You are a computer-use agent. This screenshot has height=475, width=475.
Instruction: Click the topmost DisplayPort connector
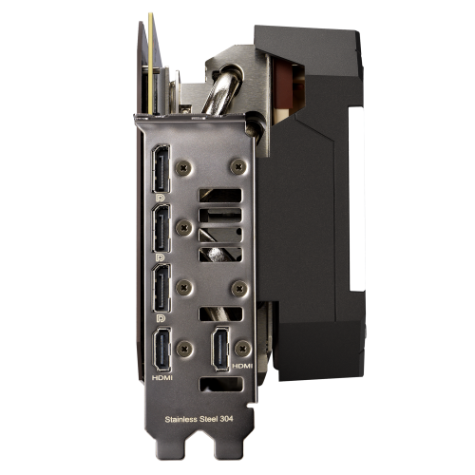point(161,169)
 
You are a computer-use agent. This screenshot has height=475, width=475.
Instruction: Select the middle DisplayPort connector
point(161,228)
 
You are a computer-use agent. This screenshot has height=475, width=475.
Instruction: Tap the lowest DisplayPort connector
point(161,288)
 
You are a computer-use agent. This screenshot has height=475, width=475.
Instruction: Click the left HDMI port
point(162,350)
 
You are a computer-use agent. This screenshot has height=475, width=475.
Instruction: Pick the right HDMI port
point(220,349)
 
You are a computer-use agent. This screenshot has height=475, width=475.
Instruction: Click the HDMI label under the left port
point(162,377)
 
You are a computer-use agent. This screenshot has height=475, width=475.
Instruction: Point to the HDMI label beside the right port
point(242,366)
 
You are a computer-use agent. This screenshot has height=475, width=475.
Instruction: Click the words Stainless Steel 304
point(199,419)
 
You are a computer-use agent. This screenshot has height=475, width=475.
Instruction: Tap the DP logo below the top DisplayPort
point(161,198)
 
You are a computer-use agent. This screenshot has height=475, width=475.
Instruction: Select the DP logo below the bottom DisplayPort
point(161,318)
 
